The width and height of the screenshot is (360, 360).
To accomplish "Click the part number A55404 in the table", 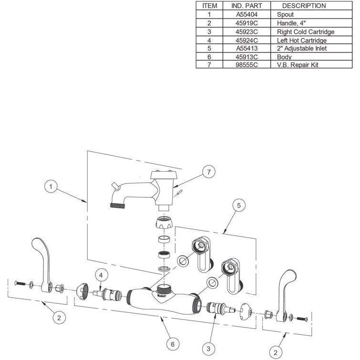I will pyautogui.click(x=247, y=14).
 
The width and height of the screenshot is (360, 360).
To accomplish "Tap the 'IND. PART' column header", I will pyautogui.click(x=247, y=6).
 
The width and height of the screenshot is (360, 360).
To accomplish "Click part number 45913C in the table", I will pyautogui.click(x=247, y=56).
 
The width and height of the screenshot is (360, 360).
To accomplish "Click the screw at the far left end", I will pyautogui.click(x=18, y=284).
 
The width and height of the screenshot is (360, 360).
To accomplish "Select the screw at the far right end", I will pyautogui.click(x=303, y=318).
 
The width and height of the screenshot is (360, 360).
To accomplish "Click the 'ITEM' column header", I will pyautogui.click(x=209, y=6).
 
